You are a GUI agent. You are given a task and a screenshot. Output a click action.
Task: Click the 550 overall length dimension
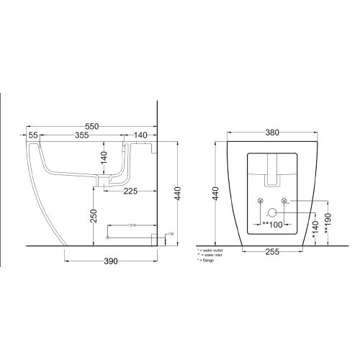91,127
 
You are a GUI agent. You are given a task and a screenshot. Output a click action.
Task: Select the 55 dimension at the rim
33,135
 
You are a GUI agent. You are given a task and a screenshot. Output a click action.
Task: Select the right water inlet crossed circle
284,199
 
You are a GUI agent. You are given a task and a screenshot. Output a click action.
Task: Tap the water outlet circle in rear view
273,213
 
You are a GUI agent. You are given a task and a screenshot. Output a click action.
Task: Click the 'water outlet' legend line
210,249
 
